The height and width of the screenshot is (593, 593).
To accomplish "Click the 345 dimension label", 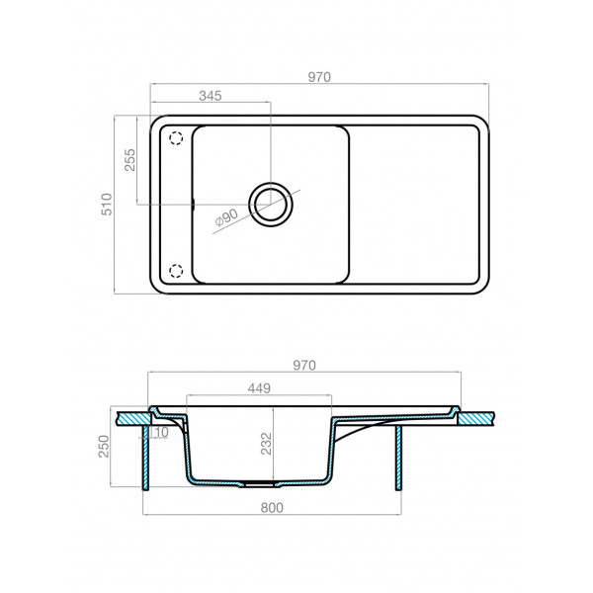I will (210, 96).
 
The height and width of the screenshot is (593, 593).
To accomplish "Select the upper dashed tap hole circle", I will (177, 138).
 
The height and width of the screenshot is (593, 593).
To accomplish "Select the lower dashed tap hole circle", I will (177, 271).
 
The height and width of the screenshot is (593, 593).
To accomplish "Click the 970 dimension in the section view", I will (303, 365).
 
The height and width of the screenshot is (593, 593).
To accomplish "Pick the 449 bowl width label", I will (259, 388).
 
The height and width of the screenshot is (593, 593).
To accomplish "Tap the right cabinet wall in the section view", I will (398, 455).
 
